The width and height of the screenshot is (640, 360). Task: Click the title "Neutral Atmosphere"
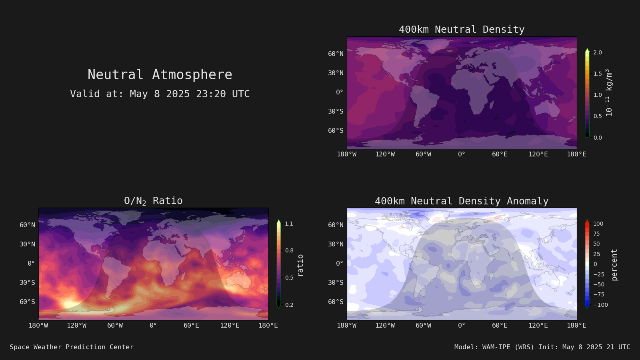pos(160,74)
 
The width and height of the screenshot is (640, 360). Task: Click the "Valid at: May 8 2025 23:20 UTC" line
pos(160,94)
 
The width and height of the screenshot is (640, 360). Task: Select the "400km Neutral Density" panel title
pos(462,30)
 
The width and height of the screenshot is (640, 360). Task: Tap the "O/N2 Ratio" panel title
pos(153,201)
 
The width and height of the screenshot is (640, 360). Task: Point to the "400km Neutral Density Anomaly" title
pos(462,201)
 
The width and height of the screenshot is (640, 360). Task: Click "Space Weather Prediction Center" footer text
pos(72,347)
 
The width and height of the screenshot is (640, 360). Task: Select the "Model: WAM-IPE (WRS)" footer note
pos(494,347)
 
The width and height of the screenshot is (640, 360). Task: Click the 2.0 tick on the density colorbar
pos(598,52)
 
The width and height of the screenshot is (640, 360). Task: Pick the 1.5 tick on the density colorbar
pos(598,74)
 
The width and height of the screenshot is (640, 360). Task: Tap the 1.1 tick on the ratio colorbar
pos(289,224)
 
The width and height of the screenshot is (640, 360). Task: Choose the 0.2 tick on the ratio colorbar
pos(289,305)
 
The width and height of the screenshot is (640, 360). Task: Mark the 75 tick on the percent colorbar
pos(596,234)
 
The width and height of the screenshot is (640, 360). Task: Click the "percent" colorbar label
pos(614,265)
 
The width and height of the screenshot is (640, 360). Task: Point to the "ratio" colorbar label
pos(300,266)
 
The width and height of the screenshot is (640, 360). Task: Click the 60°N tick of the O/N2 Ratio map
pos(28,225)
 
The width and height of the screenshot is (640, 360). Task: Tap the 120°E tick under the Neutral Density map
pos(538,154)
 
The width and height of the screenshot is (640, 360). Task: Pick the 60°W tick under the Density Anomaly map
pos(423,326)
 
